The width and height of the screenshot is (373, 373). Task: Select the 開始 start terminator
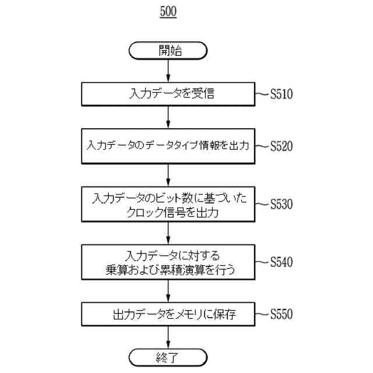click(168, 50)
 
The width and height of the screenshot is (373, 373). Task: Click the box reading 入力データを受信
click(168, 93)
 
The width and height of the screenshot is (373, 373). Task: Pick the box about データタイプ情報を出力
click(168, 146)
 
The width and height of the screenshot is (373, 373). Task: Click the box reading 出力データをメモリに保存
click(168, 315)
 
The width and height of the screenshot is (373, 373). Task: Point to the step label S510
click(281, 94)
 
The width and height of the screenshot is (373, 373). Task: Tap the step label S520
click(281, 146)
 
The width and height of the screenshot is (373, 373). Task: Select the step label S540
click(281, 262)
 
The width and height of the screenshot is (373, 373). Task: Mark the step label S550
click(281, 315)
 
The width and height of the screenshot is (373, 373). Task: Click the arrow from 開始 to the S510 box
click(168, 70)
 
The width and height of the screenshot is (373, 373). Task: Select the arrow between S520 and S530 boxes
click(168, 174)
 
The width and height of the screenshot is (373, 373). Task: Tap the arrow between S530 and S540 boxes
click(168, 233)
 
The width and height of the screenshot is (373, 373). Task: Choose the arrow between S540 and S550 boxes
click(168, 291)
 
